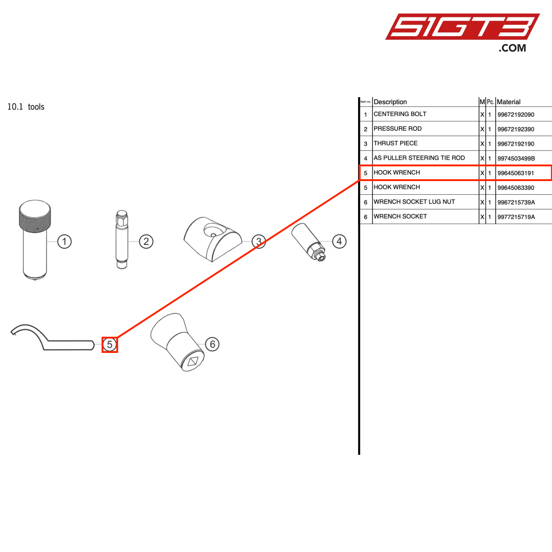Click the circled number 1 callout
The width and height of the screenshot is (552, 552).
pos(64,241)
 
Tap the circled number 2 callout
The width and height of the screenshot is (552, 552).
pos(146,241)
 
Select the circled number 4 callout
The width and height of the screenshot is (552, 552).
pos(339,241)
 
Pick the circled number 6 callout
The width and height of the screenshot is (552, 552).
pos(212,344)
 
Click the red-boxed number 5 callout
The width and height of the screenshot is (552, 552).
pos(110,345)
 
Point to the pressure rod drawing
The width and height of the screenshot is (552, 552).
pos(122,239)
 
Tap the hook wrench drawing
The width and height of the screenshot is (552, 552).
pos(52,339)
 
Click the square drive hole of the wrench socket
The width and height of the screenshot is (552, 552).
pos(193,362)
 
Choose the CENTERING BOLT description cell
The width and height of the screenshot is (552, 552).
pos(400,114)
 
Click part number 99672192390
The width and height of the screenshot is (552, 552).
pos(516,129)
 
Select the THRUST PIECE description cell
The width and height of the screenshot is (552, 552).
pos(396,143)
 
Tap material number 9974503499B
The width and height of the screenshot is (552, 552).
pos(516,159)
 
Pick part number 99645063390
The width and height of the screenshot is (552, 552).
pos(516,188)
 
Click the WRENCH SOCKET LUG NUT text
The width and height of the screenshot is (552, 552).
pos(414,202)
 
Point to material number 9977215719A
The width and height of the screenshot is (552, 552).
pos(516,217)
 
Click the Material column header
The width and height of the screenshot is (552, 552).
pos(509,102)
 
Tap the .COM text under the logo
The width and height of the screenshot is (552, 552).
pos(512,48)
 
